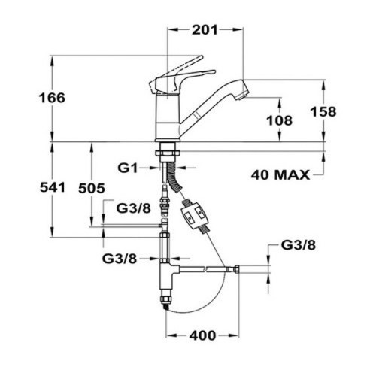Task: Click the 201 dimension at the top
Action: click(205, 30)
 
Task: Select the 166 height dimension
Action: click(52, 98)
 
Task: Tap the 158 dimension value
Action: click(323, 111)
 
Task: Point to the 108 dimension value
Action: click(279, 120)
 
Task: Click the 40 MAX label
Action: click(280, 174)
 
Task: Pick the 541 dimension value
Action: click(53, 187)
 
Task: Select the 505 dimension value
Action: click(92, 188)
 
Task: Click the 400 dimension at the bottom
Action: click(202, 335)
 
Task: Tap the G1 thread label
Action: click(128, 168)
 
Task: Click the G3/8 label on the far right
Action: click(299, 245)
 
